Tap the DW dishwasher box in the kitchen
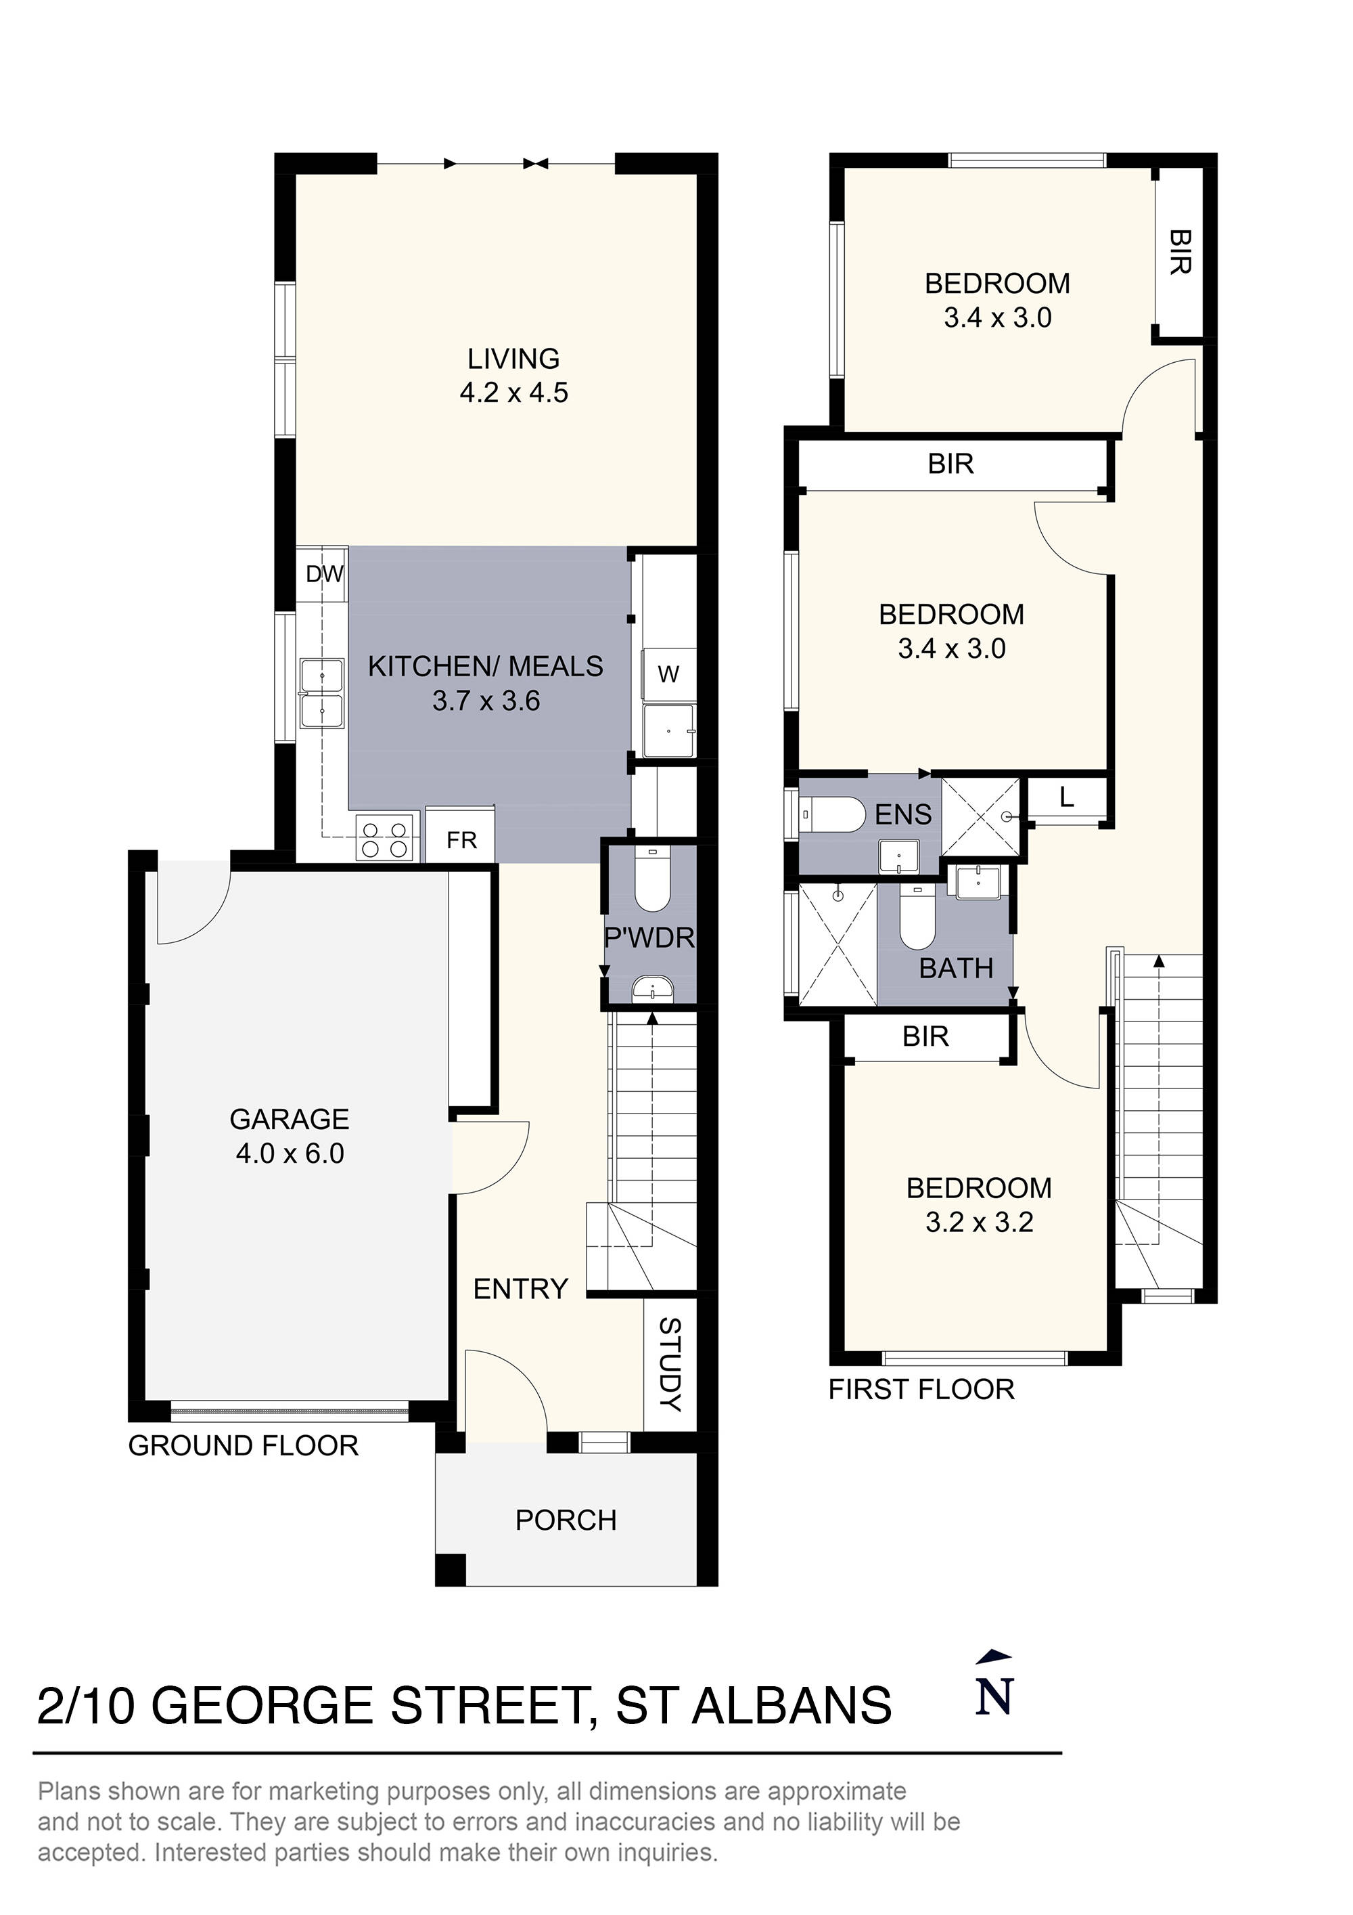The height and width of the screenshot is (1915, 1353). point(324,574)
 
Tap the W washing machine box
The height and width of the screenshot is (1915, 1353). point(668,675)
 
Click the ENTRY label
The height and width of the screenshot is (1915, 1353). point(520,1289)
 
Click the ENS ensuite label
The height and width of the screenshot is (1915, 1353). point(903,814)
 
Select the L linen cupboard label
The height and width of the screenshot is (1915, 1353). point(1066,798)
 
